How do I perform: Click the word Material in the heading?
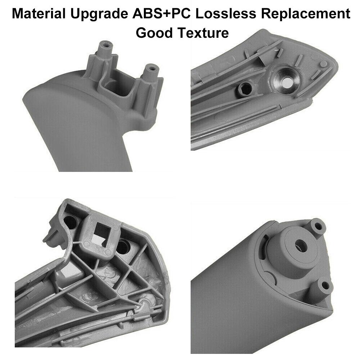pyautogui.click(x=38, y=13)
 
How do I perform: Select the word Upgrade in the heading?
pyautogui.click(x=99, y=14)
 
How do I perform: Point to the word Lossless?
pyautogui.click(x=226, y=13)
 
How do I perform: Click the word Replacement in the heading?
pyautogui.click(x=306, y=14)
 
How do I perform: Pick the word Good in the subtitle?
pyautogui.click(x=154, y=33)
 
